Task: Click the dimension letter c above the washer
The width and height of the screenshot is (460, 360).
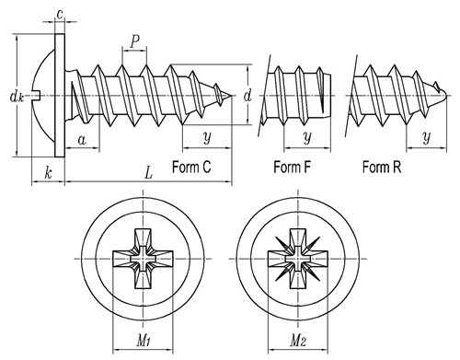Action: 61,14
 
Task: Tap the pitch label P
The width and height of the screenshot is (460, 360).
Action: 134,41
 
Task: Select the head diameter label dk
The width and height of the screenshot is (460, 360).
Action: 17,97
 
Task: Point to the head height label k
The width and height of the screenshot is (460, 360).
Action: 48,172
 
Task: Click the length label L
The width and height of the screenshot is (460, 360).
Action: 148,173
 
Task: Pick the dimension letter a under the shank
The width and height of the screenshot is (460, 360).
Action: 82,140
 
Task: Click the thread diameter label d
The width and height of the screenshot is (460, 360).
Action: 247,96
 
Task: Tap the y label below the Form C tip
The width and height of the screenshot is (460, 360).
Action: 207,137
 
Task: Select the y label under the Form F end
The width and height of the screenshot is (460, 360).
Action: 307,137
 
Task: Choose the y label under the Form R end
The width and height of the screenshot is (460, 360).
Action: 427,137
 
